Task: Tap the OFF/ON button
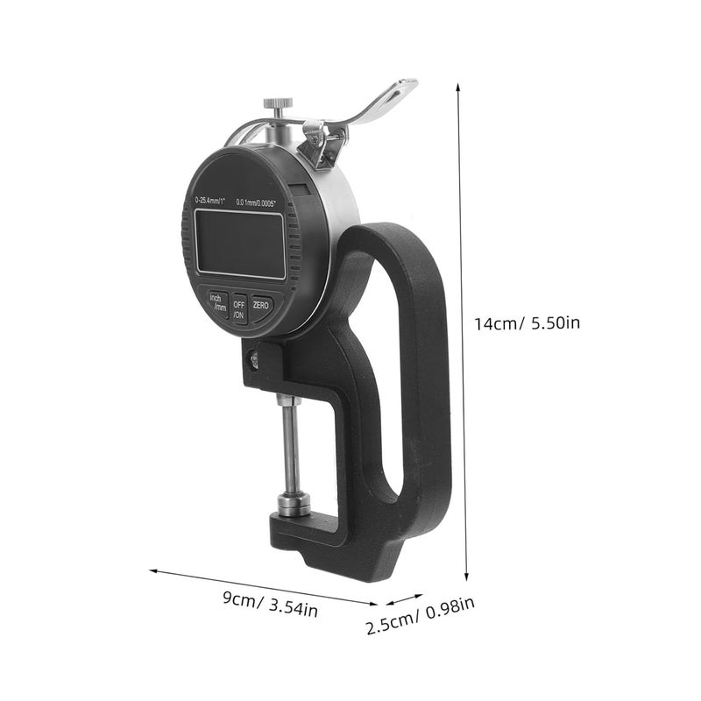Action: point(238,308)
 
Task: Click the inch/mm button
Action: point(216,303)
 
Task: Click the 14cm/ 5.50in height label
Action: point(527,323)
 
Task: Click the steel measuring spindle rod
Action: point(288,447)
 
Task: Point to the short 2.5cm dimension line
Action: point(405,599)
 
